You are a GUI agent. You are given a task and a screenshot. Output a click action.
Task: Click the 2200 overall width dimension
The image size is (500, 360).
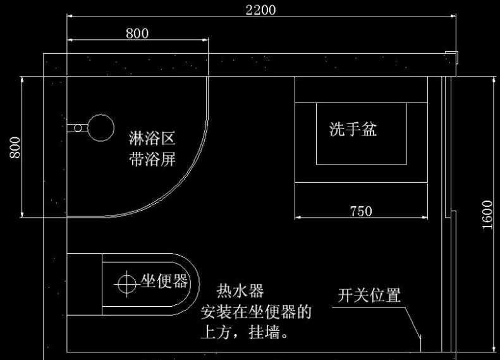(261, 10)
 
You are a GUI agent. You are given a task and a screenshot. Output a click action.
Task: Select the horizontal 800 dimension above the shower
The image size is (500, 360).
(137, 33)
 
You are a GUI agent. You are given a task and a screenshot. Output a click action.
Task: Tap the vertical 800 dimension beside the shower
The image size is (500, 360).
(15, 147)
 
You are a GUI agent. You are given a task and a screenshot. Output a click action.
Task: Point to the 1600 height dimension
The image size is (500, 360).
(487, 215)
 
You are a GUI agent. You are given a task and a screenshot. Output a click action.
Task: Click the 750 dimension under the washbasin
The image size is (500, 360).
(361, 211)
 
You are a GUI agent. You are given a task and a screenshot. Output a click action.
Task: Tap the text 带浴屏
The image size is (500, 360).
(152, 159)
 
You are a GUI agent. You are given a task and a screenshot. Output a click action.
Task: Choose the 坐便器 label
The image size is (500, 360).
(164, 282)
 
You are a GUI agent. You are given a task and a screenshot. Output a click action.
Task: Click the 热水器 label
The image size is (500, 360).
(240, 291)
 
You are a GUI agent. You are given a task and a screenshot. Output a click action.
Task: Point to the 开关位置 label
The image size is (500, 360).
(370, 295)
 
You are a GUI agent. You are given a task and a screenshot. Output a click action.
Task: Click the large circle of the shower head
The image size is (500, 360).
(99, 127)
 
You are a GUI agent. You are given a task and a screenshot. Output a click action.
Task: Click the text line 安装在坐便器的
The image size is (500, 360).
(256, 312)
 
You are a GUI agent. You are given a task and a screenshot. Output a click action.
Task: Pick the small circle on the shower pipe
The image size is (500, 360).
(78, 127)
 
